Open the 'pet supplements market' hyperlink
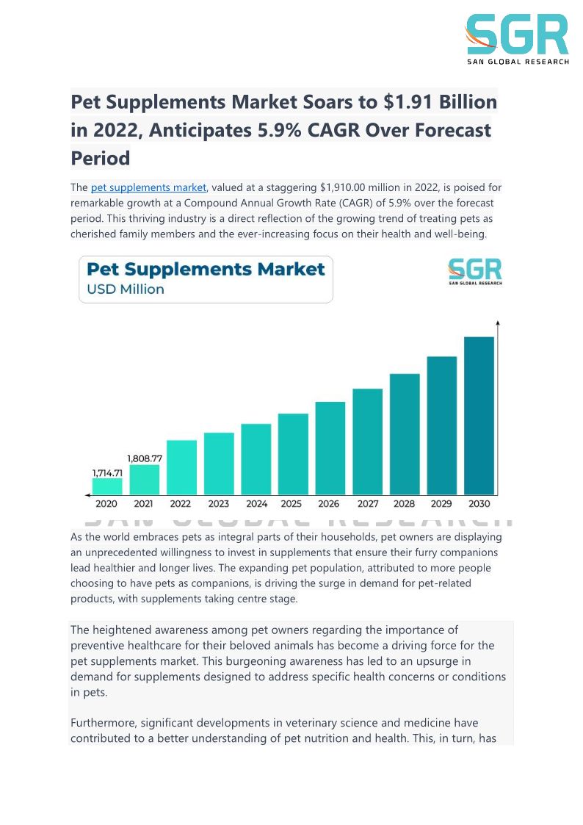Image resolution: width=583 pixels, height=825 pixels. [149, 188]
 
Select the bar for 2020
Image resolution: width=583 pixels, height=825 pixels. [107, 486]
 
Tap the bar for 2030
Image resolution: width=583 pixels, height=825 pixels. [479, 415]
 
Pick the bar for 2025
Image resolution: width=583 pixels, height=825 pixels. [293, 453]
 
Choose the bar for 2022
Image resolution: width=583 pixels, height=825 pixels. [181, 466]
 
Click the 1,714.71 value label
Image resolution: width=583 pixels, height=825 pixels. [107, 472]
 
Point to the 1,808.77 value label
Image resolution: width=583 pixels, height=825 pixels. [145, 458]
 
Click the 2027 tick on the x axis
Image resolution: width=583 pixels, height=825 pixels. [367, 504]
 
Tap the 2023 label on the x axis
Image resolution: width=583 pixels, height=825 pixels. [218, 504]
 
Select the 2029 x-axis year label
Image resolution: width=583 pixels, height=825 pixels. [441, 504]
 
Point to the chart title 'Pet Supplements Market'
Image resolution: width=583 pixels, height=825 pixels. [206, 269]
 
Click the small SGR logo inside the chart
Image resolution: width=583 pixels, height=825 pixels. [475, 273]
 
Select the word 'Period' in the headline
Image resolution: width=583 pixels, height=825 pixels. [100, 158]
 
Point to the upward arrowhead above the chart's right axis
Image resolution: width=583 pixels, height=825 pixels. [498, 323]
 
